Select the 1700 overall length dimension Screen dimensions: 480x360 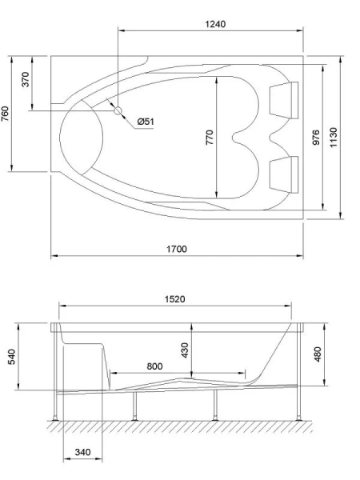tap(177, 249)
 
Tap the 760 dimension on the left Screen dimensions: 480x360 tap(6, 114)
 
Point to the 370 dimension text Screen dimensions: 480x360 tap(26, 80)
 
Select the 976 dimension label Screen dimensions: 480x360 tap(316, 137)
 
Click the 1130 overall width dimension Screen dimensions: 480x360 tap(334, 137)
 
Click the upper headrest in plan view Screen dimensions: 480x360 tap(282, 99)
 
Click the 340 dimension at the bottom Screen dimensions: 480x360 tap(82, 452)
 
